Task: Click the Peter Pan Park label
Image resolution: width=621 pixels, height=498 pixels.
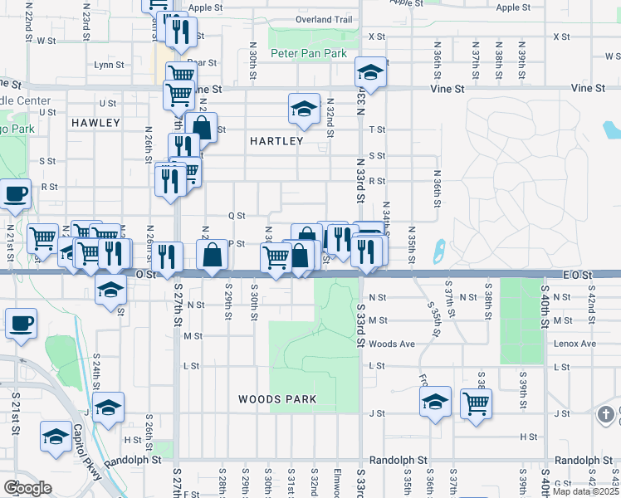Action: pyautogui.click(x=309, y=53)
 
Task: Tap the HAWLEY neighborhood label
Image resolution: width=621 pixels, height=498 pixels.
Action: pyautogui.click(x=95, y=123)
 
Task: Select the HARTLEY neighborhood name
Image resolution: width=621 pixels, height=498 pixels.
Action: pyautogui.click(x=276, y=141)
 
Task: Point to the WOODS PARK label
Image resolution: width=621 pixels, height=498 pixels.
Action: pyautogui.click(x=277, y=399)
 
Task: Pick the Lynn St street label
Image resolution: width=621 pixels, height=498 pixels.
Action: pyautogui.click(x=109, y=64)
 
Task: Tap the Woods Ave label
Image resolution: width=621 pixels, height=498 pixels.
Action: pyautogui.click(x=392, y=344)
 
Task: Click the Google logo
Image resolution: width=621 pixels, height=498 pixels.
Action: pyautogui.click(x=27, y=488)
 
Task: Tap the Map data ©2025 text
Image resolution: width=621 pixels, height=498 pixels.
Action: pyautogui.click(x=585, y=491)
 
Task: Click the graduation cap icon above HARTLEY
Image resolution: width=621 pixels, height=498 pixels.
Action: pyautogui.click(x=304, y=108)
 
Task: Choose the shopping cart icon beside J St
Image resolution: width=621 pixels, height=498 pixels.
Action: pyautogui.click(x=477, y=403)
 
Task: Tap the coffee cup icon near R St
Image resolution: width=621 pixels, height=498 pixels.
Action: pyautogui.click(x=15, y=194)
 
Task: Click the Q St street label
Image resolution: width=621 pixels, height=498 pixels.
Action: pyautogui.click(x=237, y=215)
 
